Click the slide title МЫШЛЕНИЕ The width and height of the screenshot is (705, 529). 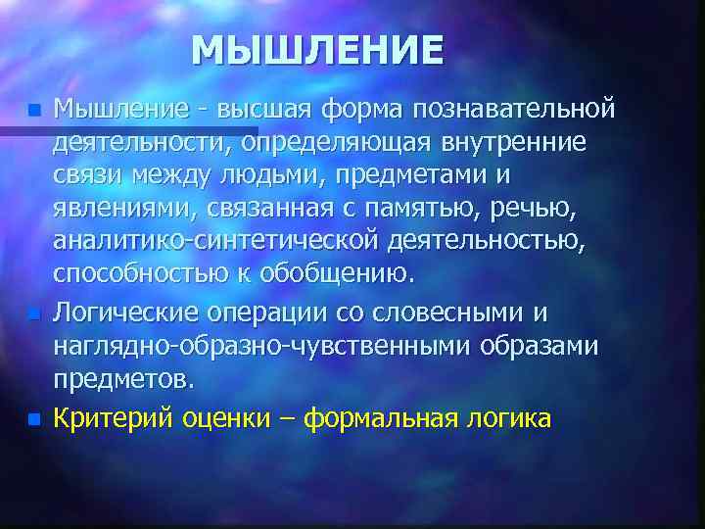click(x=317, y=49)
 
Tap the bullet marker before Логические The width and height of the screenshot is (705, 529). click(x=35, y=315)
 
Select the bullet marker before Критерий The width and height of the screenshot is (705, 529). click(x=35, y=419)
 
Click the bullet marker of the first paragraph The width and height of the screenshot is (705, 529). click(x=35, y=109)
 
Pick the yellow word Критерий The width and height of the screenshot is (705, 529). click(x=116, y=419)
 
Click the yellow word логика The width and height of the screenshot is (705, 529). click(x=510, y=419)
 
